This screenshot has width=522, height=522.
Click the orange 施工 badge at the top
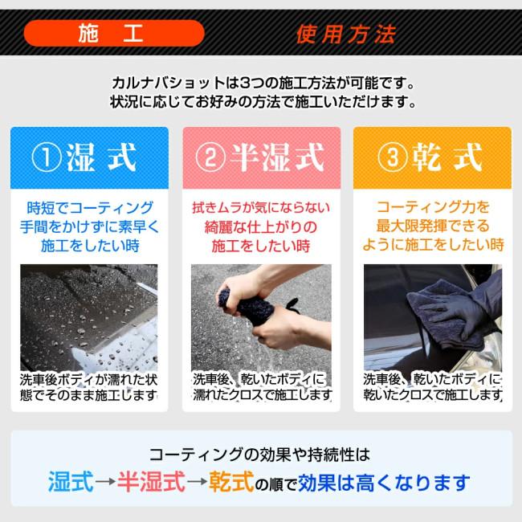tap(113, 34)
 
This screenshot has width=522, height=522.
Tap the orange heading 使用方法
tap(345, 35)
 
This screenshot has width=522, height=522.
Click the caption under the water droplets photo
tap(88, 387)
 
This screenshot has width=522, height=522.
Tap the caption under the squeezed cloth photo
tap(261, 387)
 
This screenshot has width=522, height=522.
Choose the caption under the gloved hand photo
tap(432, 387)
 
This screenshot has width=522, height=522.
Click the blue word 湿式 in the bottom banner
tap(70, 483)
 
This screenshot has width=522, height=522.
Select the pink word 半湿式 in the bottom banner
tap(152, 483)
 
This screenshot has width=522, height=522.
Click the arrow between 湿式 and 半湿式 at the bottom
tap(104, 483)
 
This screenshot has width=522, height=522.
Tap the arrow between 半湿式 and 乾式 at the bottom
tap(198, 483)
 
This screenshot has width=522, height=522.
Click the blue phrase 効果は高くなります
tap(383, 483)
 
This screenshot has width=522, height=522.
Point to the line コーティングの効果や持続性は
tap(260, 455)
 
